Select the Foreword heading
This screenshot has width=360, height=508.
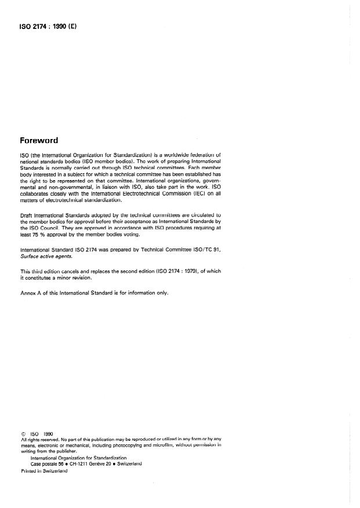(43, 140)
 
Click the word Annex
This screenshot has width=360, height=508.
(28, 293)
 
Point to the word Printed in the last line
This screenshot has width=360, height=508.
(30, 470)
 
